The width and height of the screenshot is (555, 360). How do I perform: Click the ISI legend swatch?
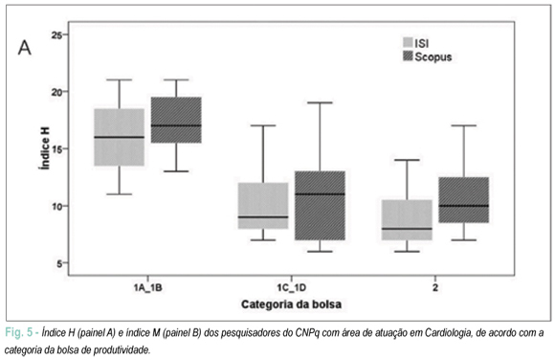[408, 42]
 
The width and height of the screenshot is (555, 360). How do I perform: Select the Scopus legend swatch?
[408, 56]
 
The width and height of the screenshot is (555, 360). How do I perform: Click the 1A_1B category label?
[148, 287]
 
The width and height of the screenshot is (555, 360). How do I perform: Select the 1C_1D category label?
[291, 287]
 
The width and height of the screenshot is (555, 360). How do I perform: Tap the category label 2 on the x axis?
[435, 287]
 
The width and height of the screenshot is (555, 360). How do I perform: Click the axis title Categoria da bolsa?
[291, 304]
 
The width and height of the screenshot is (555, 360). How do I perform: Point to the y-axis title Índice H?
[45, 148]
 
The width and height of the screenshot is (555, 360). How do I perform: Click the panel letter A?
[25, 48]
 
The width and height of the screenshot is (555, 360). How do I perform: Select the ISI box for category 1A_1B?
[120, 137]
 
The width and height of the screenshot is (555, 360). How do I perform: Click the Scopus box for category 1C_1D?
[320, 206]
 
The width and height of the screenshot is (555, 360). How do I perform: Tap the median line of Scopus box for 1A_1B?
[176, 125]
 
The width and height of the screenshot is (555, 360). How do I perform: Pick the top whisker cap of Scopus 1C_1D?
[320, 102]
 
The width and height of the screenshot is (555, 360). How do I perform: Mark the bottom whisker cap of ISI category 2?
[407, 251]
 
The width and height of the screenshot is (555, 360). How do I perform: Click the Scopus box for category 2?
[464, 200]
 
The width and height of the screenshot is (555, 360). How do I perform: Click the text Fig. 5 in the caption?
[19, 333]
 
